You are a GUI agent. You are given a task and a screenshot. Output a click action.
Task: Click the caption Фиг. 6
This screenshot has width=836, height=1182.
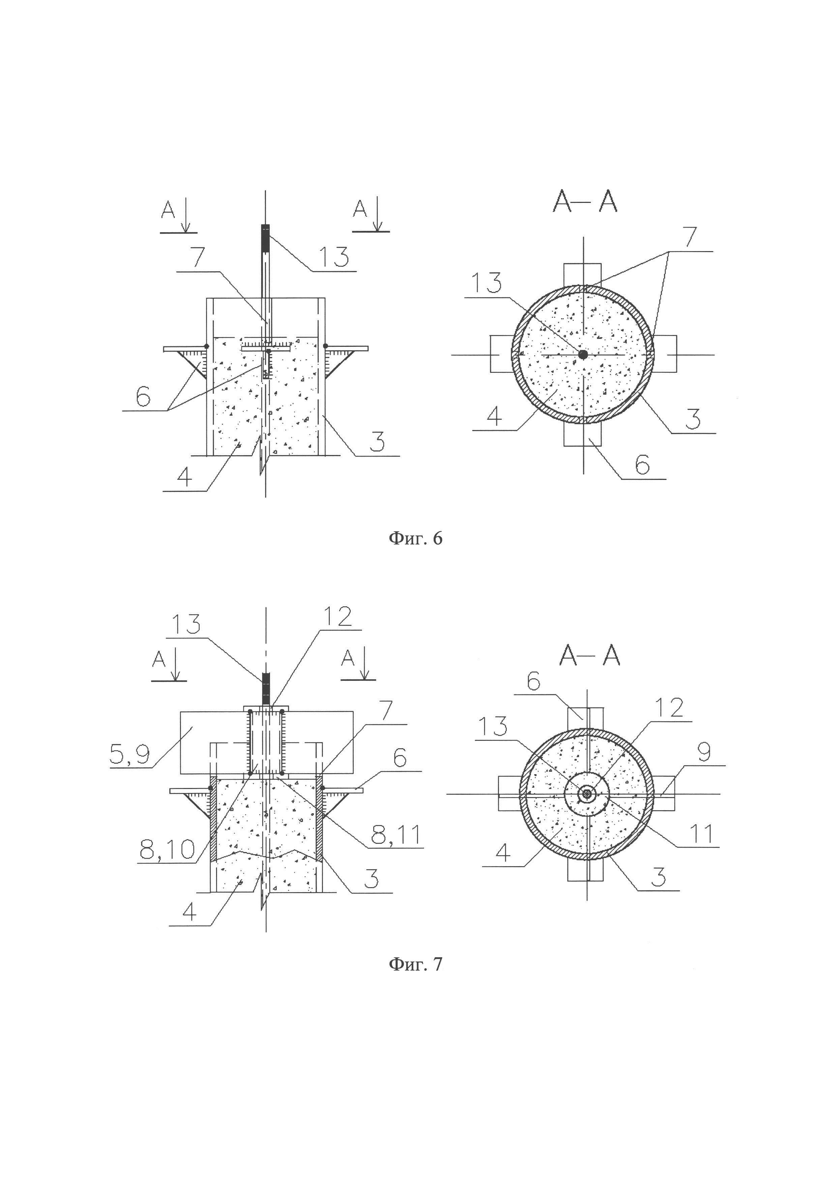415,539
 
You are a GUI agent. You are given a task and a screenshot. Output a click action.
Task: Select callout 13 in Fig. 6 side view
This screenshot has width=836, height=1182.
334,257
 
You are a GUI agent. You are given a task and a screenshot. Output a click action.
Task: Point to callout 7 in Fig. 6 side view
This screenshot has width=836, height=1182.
198,257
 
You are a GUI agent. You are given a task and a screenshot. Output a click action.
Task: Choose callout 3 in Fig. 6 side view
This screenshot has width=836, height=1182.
377,442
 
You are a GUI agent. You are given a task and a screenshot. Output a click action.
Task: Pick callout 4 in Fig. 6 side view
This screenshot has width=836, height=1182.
184,478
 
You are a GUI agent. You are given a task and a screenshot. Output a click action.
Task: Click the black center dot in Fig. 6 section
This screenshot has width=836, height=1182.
583,354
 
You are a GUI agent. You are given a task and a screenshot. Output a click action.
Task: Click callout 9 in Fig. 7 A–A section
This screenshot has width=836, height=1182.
704,752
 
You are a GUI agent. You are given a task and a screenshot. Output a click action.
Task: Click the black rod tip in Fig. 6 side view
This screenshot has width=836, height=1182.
266,237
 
